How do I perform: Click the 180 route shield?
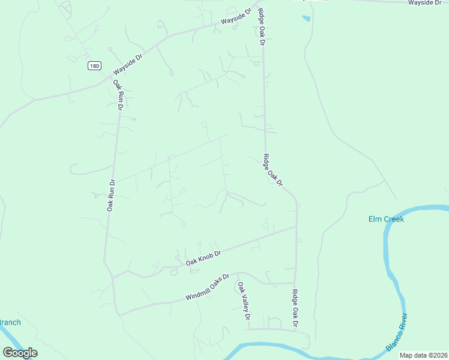point(94,66)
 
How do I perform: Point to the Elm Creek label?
point(386,219)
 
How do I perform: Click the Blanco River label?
point(397,332)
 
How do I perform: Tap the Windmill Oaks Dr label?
point(207,288)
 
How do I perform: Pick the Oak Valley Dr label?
point(243,302)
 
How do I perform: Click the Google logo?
point(20,353)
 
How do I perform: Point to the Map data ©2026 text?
point(424,355)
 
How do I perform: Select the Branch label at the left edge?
point(10,322)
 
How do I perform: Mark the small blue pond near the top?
point(306,18)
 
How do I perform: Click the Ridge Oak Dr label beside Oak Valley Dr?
point(295,308)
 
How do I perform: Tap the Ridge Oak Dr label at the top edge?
point(261,27)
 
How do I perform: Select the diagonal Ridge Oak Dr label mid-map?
point(272,170)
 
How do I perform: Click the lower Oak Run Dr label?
point(110,195)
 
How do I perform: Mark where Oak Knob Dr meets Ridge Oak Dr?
point(296,227)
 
